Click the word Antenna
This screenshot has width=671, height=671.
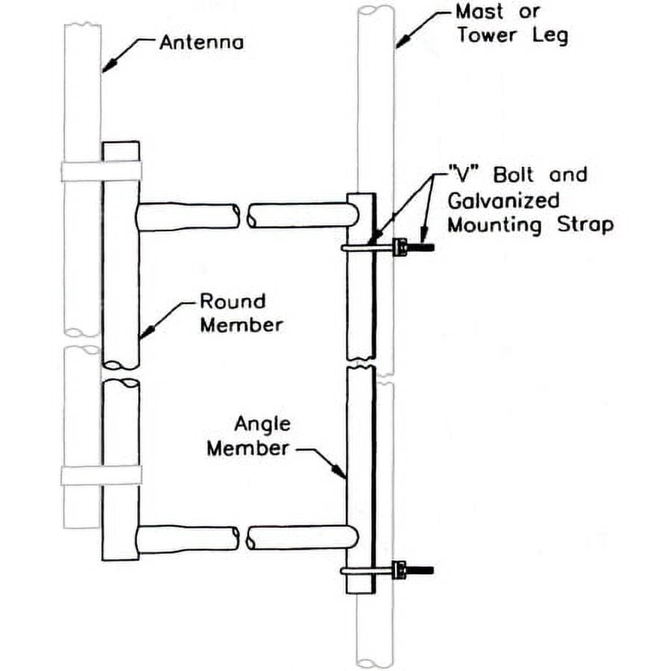click(201, 42)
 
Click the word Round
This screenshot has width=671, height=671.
click(232, 302)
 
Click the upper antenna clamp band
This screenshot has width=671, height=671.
click(101, 171)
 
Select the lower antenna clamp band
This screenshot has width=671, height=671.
click(101, 475)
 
